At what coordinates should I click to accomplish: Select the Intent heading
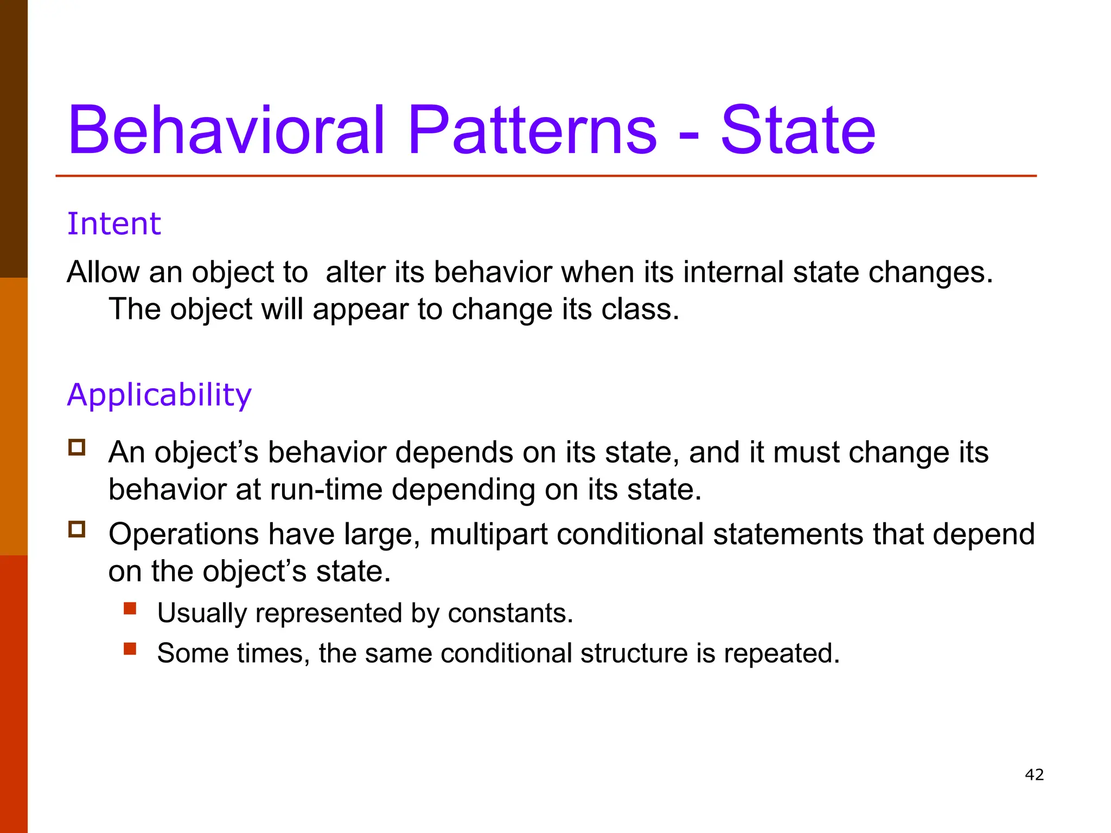coord(114,224)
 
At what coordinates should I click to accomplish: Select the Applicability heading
coord(159,395)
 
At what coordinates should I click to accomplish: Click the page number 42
coord(1034,774)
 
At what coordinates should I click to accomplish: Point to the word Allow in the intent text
coord(103,272)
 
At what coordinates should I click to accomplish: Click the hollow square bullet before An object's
coord(77,447)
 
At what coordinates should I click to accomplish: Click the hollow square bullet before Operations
coord(77,529)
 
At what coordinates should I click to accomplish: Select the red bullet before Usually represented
coord(130,608)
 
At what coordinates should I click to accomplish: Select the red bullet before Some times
coord(130,649)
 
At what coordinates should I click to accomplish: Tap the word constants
coord(510,613)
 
